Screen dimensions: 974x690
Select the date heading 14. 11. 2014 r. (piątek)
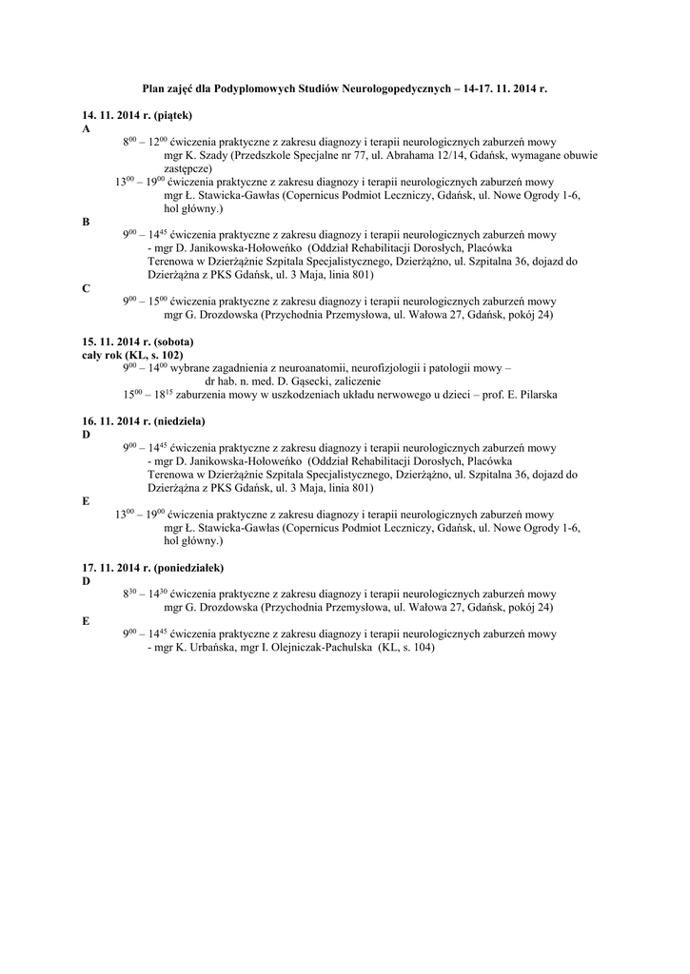(x=138, y=115)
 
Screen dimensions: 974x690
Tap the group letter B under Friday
(x=86, y=222)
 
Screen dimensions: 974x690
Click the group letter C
(x=86, y=288)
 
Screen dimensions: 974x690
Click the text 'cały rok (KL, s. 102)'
(x=132, y=354)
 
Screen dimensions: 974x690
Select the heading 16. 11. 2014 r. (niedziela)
(x=144, y=420)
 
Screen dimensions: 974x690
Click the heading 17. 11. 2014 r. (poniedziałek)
(x=152, y=568)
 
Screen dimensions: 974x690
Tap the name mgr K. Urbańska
(x=198, y=647)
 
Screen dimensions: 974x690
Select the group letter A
(x=86, y=127)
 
